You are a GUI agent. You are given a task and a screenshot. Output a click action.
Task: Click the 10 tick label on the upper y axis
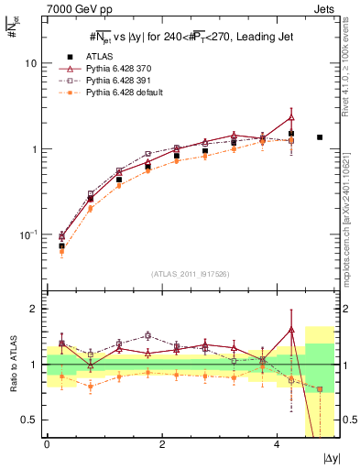pyautogui.click(x=30, y=63)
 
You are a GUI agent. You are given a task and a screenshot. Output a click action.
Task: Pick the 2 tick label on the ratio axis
pyautogui.click(x=33, y=309)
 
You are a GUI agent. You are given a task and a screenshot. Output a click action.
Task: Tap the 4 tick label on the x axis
pyautogui.click(x=278, y=444)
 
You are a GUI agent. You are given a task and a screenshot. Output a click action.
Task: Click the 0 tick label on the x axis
pyautogui.click(x=47, y=444)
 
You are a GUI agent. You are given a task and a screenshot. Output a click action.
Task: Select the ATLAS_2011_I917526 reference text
pyautogui.click(x=190, y=274)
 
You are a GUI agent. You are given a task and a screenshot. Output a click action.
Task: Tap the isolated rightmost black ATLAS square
pyautogui.click(x=320, y=137)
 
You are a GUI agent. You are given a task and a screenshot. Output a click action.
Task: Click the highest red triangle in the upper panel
pyautogui.click(x=291, y=117)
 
